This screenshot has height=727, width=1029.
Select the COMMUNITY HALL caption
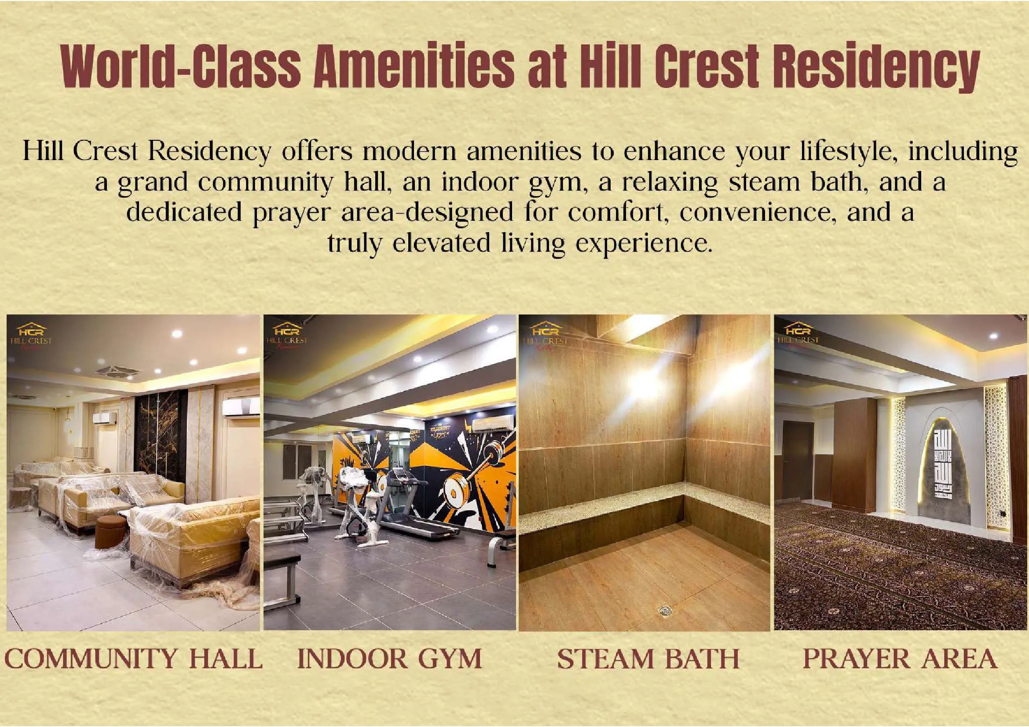133,659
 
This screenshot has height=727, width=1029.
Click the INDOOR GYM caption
389,659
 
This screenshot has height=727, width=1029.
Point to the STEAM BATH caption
648,659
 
